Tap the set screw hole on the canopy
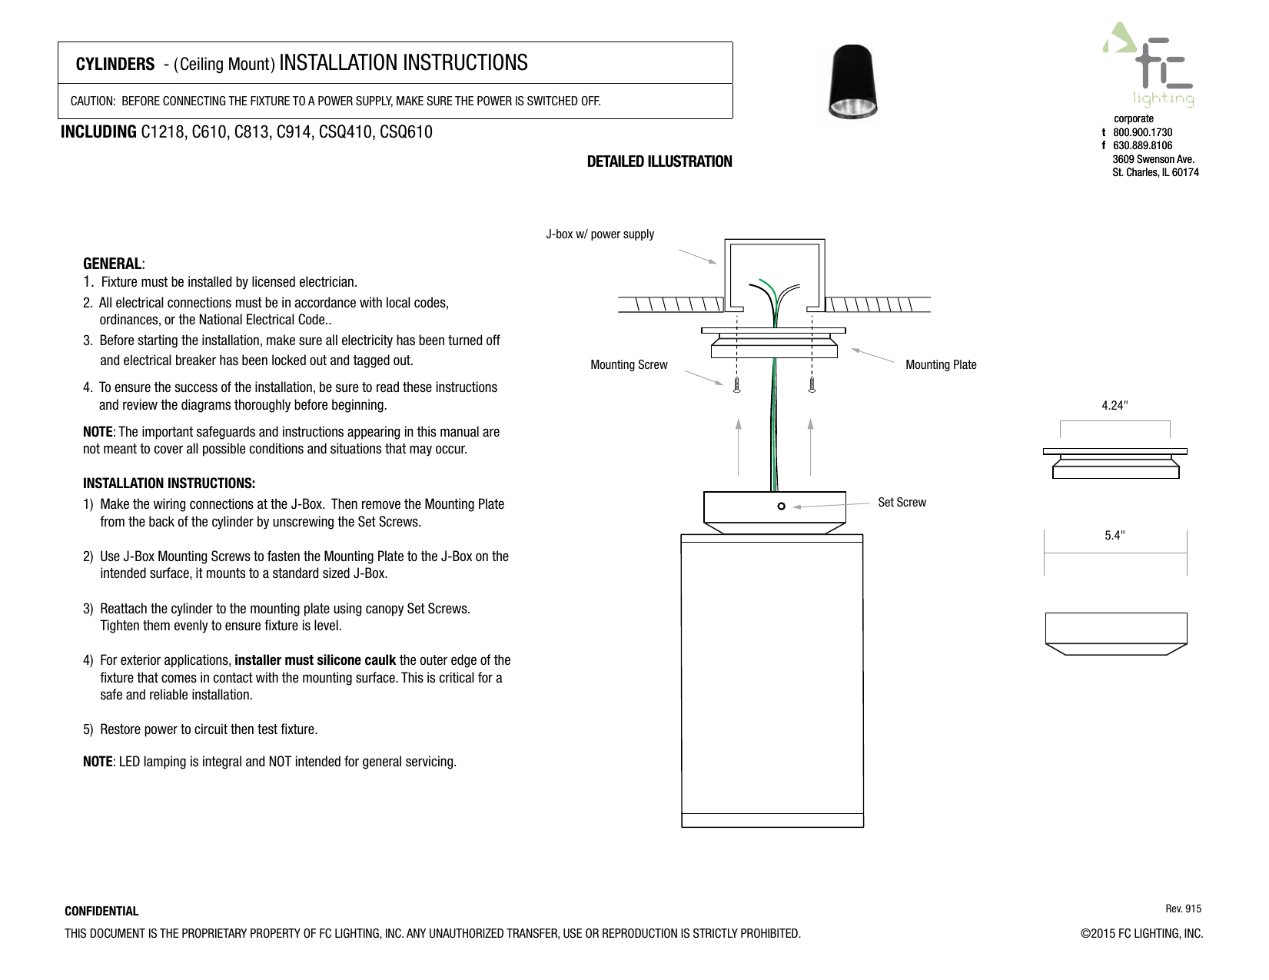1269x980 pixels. pos(780,507)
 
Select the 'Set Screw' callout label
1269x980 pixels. pos(902,502)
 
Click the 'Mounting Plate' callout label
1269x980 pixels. pos(940,364)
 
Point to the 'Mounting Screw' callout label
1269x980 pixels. pos(628,364)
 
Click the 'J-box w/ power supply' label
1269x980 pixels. pos(600,234)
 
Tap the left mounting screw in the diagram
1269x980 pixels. pos(736,384)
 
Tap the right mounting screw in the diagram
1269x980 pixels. pos(812,384)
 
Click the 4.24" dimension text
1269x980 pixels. pos(1115,405)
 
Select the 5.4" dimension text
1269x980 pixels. pos(1115,536)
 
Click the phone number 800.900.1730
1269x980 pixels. pos(1142,132)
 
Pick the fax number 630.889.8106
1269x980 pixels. pos(1142,145)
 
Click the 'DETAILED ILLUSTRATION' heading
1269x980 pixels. pos(659,161)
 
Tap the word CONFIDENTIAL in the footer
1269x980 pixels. pos(101,912)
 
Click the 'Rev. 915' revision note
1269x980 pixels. pos(1183,909)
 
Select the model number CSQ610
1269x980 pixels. pos(406,132)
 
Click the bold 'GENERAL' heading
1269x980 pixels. pos(112,264)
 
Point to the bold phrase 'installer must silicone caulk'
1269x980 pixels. pos(315,660)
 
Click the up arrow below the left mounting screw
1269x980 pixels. pos(738,446)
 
